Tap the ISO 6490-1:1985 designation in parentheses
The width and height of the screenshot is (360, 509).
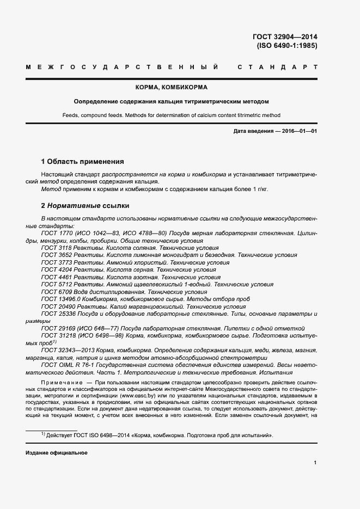287,46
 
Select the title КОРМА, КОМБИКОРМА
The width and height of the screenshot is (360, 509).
172,87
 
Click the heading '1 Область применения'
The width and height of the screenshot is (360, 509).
83,162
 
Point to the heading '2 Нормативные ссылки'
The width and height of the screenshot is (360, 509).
86,206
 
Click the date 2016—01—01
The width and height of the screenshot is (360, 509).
298,132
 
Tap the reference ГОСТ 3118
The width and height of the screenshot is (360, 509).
57,247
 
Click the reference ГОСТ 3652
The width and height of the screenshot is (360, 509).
57,255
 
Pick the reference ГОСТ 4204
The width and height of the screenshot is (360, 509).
57,269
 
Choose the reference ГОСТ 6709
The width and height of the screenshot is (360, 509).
57,292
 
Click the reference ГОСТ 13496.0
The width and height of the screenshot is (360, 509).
60,299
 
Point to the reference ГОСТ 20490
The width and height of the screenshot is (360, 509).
58,306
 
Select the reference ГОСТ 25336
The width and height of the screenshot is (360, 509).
58,314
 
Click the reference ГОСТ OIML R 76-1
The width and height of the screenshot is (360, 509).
66,366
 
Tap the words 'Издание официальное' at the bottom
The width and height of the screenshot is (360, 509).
57,453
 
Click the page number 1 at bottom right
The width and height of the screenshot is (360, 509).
315,463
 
